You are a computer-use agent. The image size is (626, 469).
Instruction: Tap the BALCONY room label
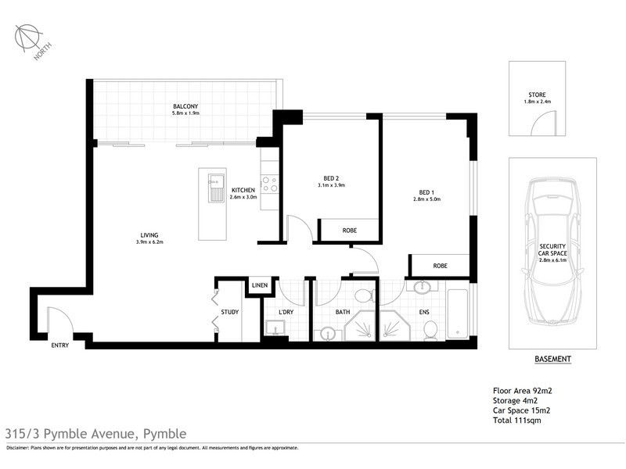point(186,106)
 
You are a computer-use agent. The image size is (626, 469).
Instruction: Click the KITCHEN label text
point(243,191)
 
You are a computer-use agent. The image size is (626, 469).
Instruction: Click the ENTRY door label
point(60,345)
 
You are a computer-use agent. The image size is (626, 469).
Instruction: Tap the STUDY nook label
point(229,313)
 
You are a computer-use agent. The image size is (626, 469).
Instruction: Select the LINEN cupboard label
point(260,285)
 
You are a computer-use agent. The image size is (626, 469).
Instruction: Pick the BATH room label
point(342,313)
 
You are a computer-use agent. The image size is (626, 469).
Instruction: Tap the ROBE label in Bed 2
point(350,231)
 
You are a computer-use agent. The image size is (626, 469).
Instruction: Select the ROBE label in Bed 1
point(440,265)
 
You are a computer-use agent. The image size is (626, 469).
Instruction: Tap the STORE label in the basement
point(538,95)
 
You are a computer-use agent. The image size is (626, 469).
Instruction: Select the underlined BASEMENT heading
point(552,360)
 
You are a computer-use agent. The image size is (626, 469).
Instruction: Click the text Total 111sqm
point(517,420)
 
